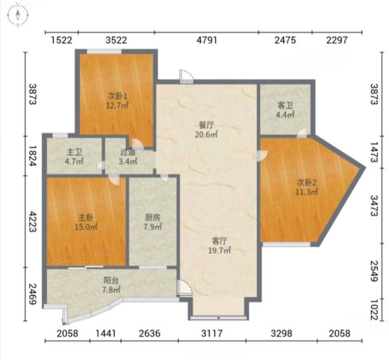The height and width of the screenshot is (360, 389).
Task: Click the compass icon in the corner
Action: coord(18,15)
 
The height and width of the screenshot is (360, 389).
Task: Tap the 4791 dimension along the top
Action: coord(207,40)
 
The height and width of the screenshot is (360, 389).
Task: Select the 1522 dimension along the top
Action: coord(62,40)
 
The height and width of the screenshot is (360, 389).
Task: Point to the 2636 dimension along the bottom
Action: coord(150,333)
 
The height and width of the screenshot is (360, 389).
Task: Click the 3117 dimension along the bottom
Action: coord(212,333)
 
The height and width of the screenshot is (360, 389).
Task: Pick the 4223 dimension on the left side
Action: coord(33,222)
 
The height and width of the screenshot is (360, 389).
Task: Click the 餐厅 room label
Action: coord(206,125)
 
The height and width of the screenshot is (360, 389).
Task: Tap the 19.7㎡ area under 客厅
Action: coord(219,250)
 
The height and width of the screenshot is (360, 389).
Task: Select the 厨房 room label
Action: coord(153,217)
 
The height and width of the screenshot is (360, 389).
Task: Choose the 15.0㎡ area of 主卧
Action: coord(86,227)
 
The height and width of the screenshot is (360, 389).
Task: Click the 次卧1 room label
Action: coord(117,96)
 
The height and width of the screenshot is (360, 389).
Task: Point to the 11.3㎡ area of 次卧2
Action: coord(307,192)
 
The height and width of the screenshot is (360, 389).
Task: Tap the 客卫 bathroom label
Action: coord(285,105)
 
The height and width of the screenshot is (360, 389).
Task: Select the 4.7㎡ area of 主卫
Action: coord(74,162)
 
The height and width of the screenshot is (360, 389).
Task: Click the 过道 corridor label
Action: coord(128,152)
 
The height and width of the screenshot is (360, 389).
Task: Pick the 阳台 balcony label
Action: coord(111,280)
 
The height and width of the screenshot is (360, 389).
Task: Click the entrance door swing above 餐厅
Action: coord(186,77)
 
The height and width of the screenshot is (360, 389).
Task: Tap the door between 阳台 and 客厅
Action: coord(185,288)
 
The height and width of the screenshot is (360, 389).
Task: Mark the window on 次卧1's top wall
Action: coord(104,52)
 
